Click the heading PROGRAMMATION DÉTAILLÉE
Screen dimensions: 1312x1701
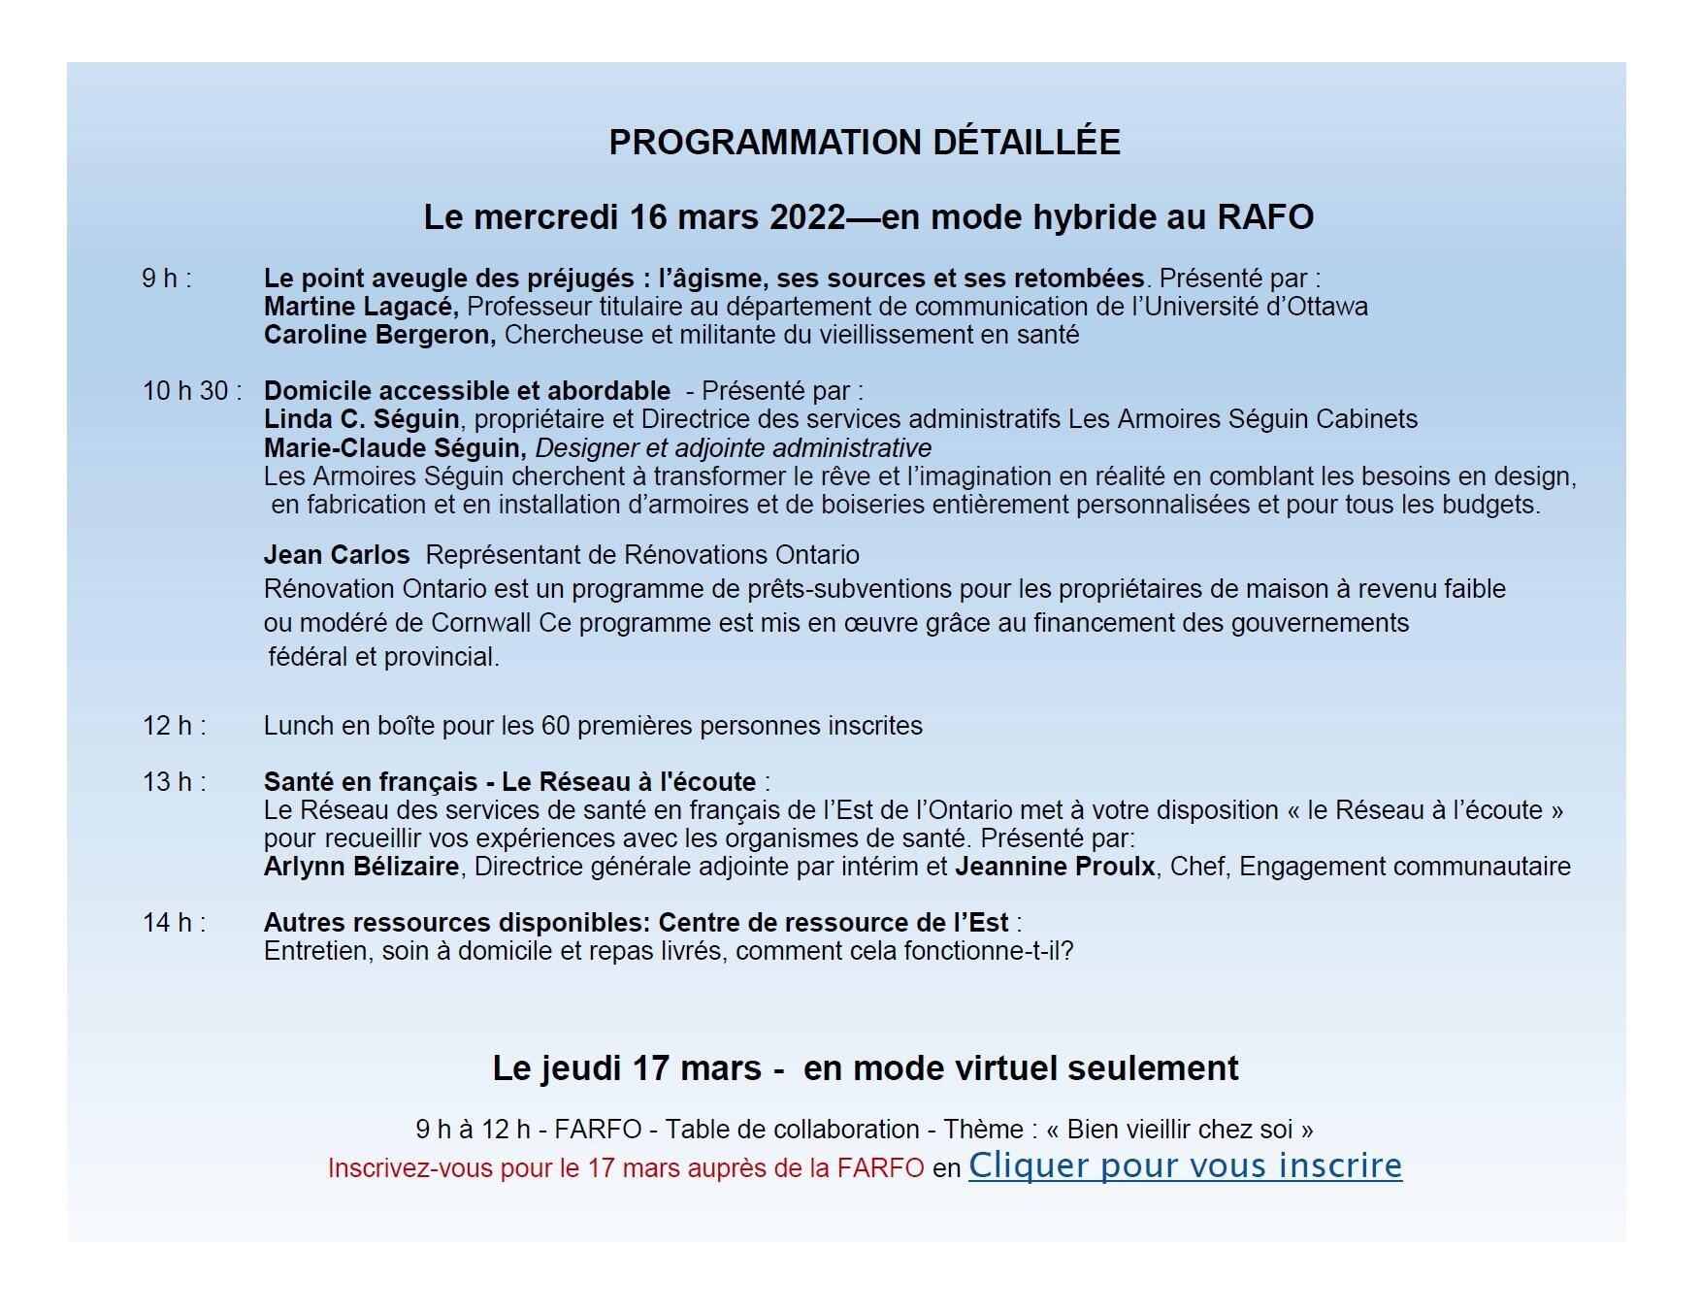tap(864, 143)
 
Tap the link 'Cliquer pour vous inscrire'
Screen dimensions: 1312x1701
tap(1185, 1165)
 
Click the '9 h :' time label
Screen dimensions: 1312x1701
tap(167, 279)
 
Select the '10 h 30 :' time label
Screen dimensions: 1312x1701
tap(192, 391)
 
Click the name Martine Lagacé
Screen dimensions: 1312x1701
tap(360, 307)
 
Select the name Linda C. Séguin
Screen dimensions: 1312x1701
tap(361, 419)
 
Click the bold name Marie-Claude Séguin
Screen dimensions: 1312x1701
tap(394, 448)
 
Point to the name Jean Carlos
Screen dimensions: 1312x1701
tap(337, 555)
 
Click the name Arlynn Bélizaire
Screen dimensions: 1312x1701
tap(361, 867)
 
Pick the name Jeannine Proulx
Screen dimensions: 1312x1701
tap(1055, 867)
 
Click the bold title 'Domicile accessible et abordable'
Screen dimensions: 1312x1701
tap(467, 391)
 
